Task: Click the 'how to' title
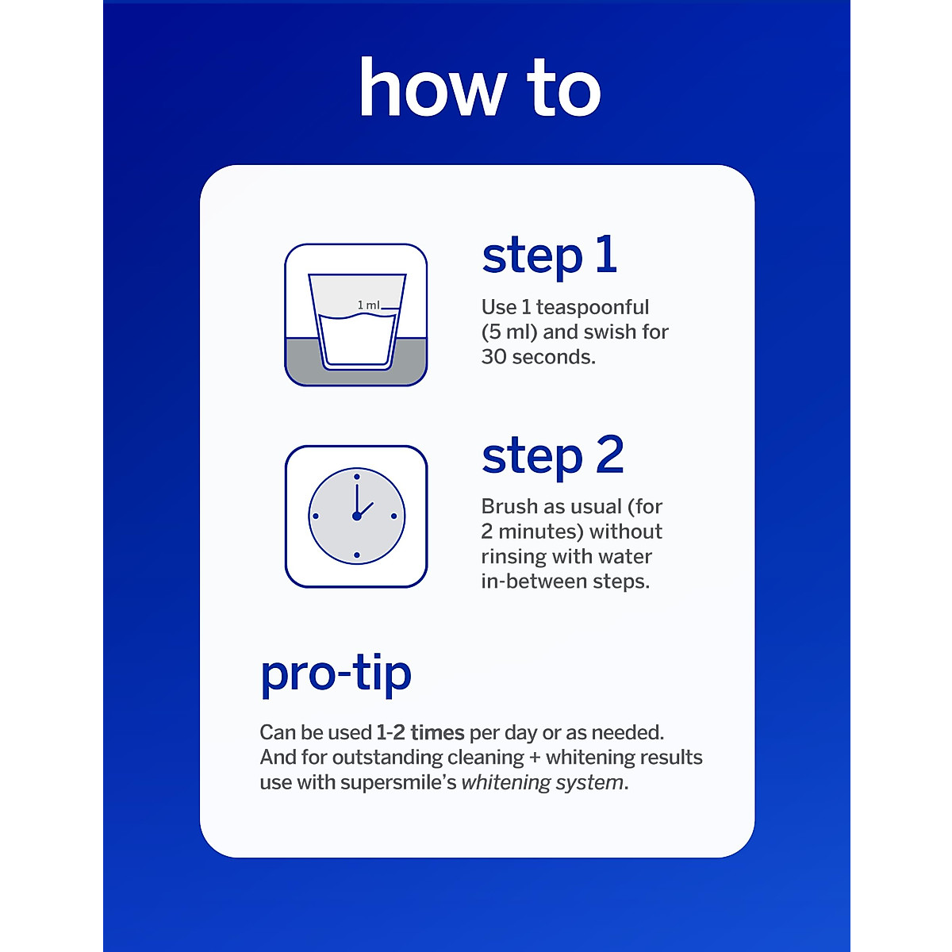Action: point(479,88)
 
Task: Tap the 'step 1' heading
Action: point(549,256)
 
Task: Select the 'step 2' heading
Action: point(552,457)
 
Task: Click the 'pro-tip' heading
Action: point(336,675)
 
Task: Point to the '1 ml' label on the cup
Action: point(368,305)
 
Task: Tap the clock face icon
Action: point(356,516)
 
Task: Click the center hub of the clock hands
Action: point(356,516)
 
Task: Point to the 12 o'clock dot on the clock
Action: point(357,478)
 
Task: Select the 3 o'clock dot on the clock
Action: point(394,516)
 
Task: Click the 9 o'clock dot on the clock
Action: point(316,516)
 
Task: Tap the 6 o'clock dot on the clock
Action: point(357,555)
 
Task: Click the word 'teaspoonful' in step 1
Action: point(593,308)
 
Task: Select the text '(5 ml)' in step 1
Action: point(509,332)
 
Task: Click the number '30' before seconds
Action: point(493,357)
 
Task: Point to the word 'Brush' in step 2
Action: point(507,507)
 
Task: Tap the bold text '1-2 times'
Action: point(420,732)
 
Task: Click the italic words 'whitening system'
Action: point(543,783)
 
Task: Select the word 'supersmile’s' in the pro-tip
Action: point(398,783)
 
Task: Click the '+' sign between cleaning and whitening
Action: point(535,758)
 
